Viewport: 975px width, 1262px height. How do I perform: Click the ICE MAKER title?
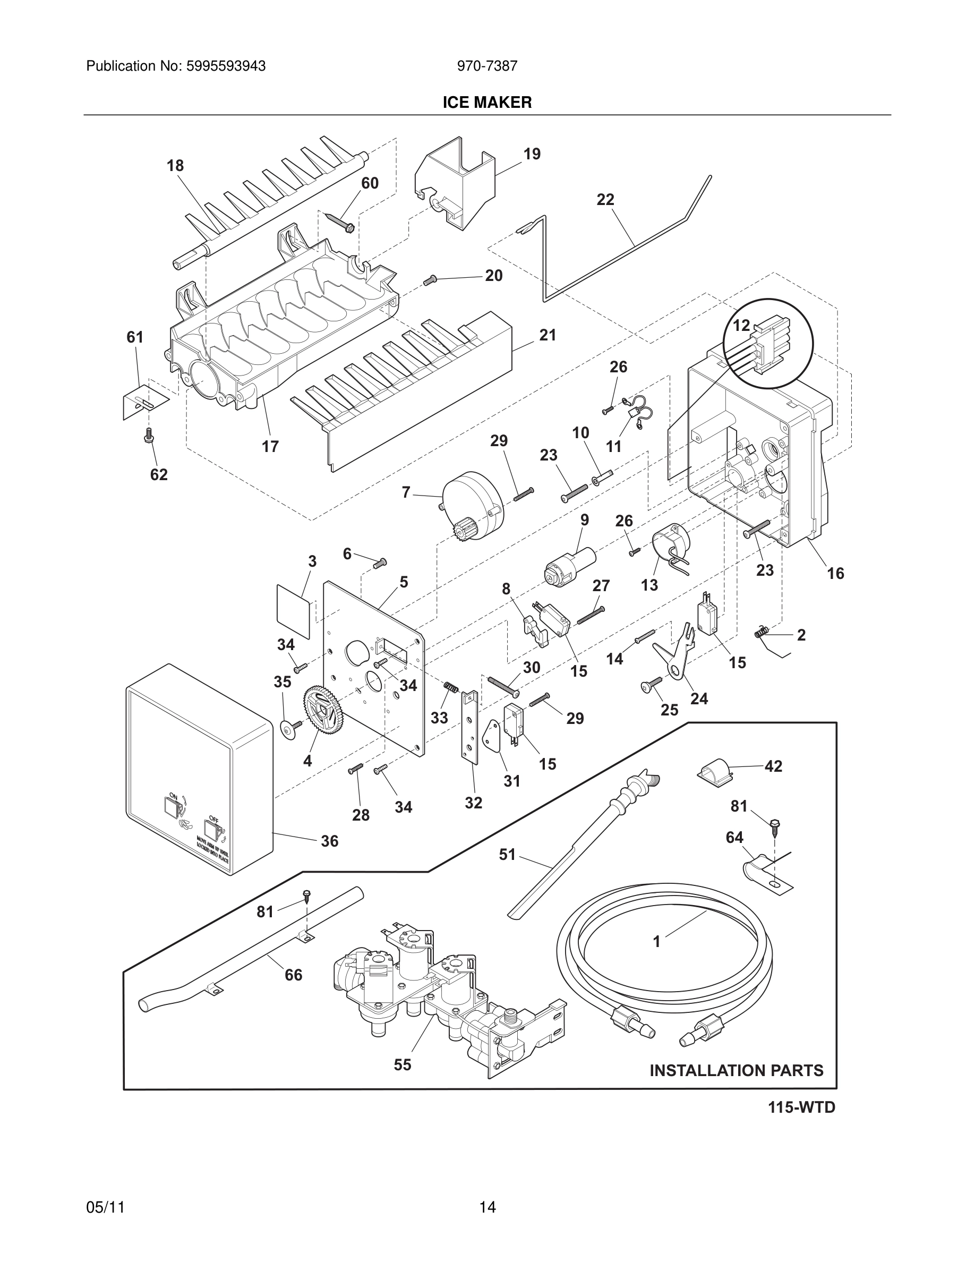pos(487,103)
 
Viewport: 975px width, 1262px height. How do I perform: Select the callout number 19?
pos(532,154)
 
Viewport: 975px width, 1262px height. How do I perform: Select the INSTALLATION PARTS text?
pos(737,1071)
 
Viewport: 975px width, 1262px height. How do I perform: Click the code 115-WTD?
pos(801,1108)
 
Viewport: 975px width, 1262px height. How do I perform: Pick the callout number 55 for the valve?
pos(403,1064)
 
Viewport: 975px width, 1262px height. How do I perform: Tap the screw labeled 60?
pos(341,222)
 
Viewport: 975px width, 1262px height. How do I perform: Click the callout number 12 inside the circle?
pos(741,326)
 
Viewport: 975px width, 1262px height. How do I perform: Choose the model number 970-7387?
pos(487,66)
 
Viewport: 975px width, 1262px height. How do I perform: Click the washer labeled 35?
pos(287,730)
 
